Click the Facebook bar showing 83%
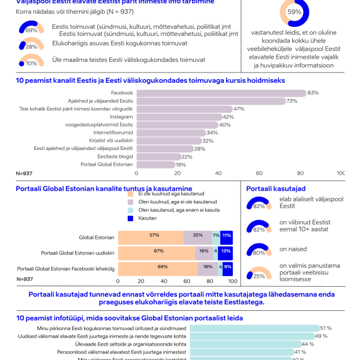pyautogui.click(x=221, y=93)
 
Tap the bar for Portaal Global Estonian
pyautogui.click(x=156, y=164)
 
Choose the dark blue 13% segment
pyautogui.click(x=226, y=251)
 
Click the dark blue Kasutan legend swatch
pyautogui.click(x=131, y=218)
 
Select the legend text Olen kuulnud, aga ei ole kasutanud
pyautogui.click(x=178, y=202)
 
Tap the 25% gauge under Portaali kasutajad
pyautogui.click(x=259, y=274)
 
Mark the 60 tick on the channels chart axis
pyautogui.click(x=260, y=173)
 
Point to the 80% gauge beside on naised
pyautogui.click(x=259, y=250)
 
